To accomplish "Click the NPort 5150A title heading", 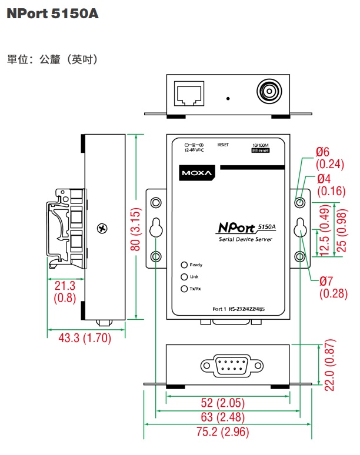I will point(52,14).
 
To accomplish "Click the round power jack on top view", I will point(269,92).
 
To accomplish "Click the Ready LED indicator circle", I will point(184,265).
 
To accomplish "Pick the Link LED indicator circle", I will point(184,277).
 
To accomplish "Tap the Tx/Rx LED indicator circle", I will point(184,289).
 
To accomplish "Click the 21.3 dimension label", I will point(64,286).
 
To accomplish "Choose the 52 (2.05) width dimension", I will point(227,403).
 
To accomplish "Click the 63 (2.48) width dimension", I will point(227,417).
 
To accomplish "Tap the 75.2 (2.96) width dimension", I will point(227,432).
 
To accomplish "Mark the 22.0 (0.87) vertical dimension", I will point(329,365).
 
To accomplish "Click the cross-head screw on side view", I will point(104,227).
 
